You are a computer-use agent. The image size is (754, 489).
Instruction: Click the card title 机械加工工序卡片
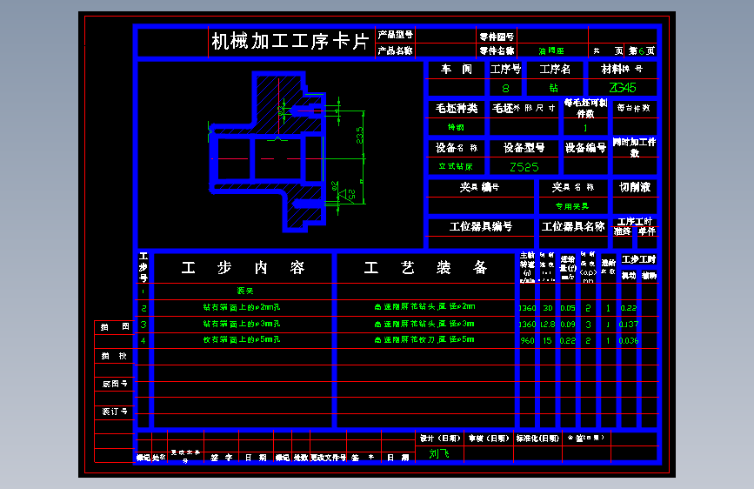[x=290, y=42]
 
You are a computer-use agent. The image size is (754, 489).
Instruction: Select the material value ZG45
[x=623, y=88]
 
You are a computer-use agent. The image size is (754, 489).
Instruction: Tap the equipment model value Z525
[x=524, y=167]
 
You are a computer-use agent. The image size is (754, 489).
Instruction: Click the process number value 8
[x=506, y=88]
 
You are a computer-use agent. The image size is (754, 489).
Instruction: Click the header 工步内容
[x=244, y=268]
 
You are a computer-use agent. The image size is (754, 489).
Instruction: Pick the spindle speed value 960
[x=527, y=340]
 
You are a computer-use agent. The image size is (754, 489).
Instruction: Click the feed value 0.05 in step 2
[x=568, y=307]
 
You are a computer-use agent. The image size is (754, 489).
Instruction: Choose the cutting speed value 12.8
[x=547, y=324]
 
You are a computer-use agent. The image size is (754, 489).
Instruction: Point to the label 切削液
[x=635, y=187]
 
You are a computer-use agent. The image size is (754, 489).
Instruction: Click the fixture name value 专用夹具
[x=572, y=206]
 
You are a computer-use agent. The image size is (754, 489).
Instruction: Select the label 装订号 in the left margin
[x=115, y=411]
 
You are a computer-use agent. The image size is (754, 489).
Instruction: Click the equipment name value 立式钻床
[x=456, y=167]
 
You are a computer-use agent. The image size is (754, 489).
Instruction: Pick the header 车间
[x=457, y=69]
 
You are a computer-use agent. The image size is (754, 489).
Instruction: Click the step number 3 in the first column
[x=143, y=324]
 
